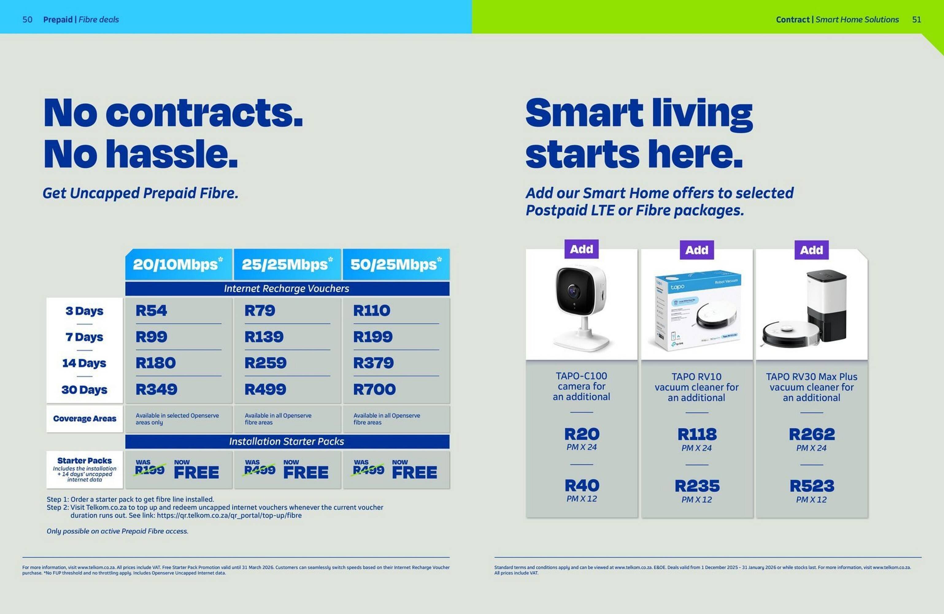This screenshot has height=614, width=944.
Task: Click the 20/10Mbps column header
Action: click(178, 264)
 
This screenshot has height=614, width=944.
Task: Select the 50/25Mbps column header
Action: click(395, 264)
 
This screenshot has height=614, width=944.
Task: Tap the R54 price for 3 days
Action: click(151, 310)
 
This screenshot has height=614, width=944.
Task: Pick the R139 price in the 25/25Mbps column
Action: click(264, 337)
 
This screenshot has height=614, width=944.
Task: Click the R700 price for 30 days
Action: click(374, 389)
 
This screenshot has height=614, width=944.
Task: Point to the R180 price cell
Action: click(156, 363)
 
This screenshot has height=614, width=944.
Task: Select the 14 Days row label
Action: click(84, 363)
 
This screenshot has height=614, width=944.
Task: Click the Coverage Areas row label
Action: click(84, 419)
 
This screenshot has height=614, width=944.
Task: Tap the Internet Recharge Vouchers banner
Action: click(287, 289)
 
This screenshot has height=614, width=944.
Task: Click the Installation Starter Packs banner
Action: click(287, 441)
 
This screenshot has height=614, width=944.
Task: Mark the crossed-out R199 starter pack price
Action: click(149, 470)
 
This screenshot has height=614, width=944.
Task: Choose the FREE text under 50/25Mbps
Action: click(414, 472)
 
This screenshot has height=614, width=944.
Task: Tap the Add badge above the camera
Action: click(581, 249)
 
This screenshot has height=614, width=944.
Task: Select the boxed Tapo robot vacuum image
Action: click(697, 309)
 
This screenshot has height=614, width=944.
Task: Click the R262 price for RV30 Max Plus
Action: click(811, 434)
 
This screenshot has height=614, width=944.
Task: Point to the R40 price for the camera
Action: click(582, 485)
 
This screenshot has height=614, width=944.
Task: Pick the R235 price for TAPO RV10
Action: click(697, 486)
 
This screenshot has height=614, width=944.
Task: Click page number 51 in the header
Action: click(917, 19)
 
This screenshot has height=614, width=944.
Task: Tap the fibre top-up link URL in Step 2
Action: click(229, 515)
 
